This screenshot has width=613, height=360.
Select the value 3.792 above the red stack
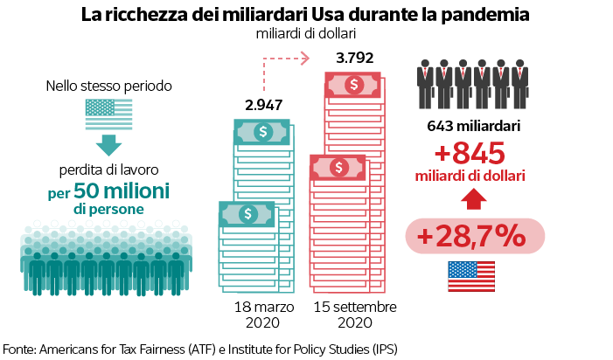[355, 59]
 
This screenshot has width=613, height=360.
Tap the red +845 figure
[470, 153]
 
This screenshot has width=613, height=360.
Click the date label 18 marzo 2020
[263, 315]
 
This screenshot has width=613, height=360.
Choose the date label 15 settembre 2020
[355, 315]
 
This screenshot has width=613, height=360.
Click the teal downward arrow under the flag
[109, 143]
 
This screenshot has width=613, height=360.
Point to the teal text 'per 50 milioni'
[109, 190]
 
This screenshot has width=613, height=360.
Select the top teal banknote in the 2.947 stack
[263, 132]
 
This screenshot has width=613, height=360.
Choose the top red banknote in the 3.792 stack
[355, 85]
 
